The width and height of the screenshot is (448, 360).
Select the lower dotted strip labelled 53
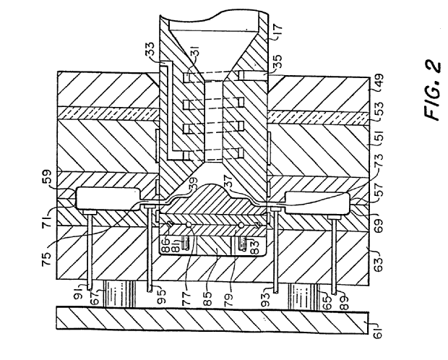[x=318, y=116]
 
